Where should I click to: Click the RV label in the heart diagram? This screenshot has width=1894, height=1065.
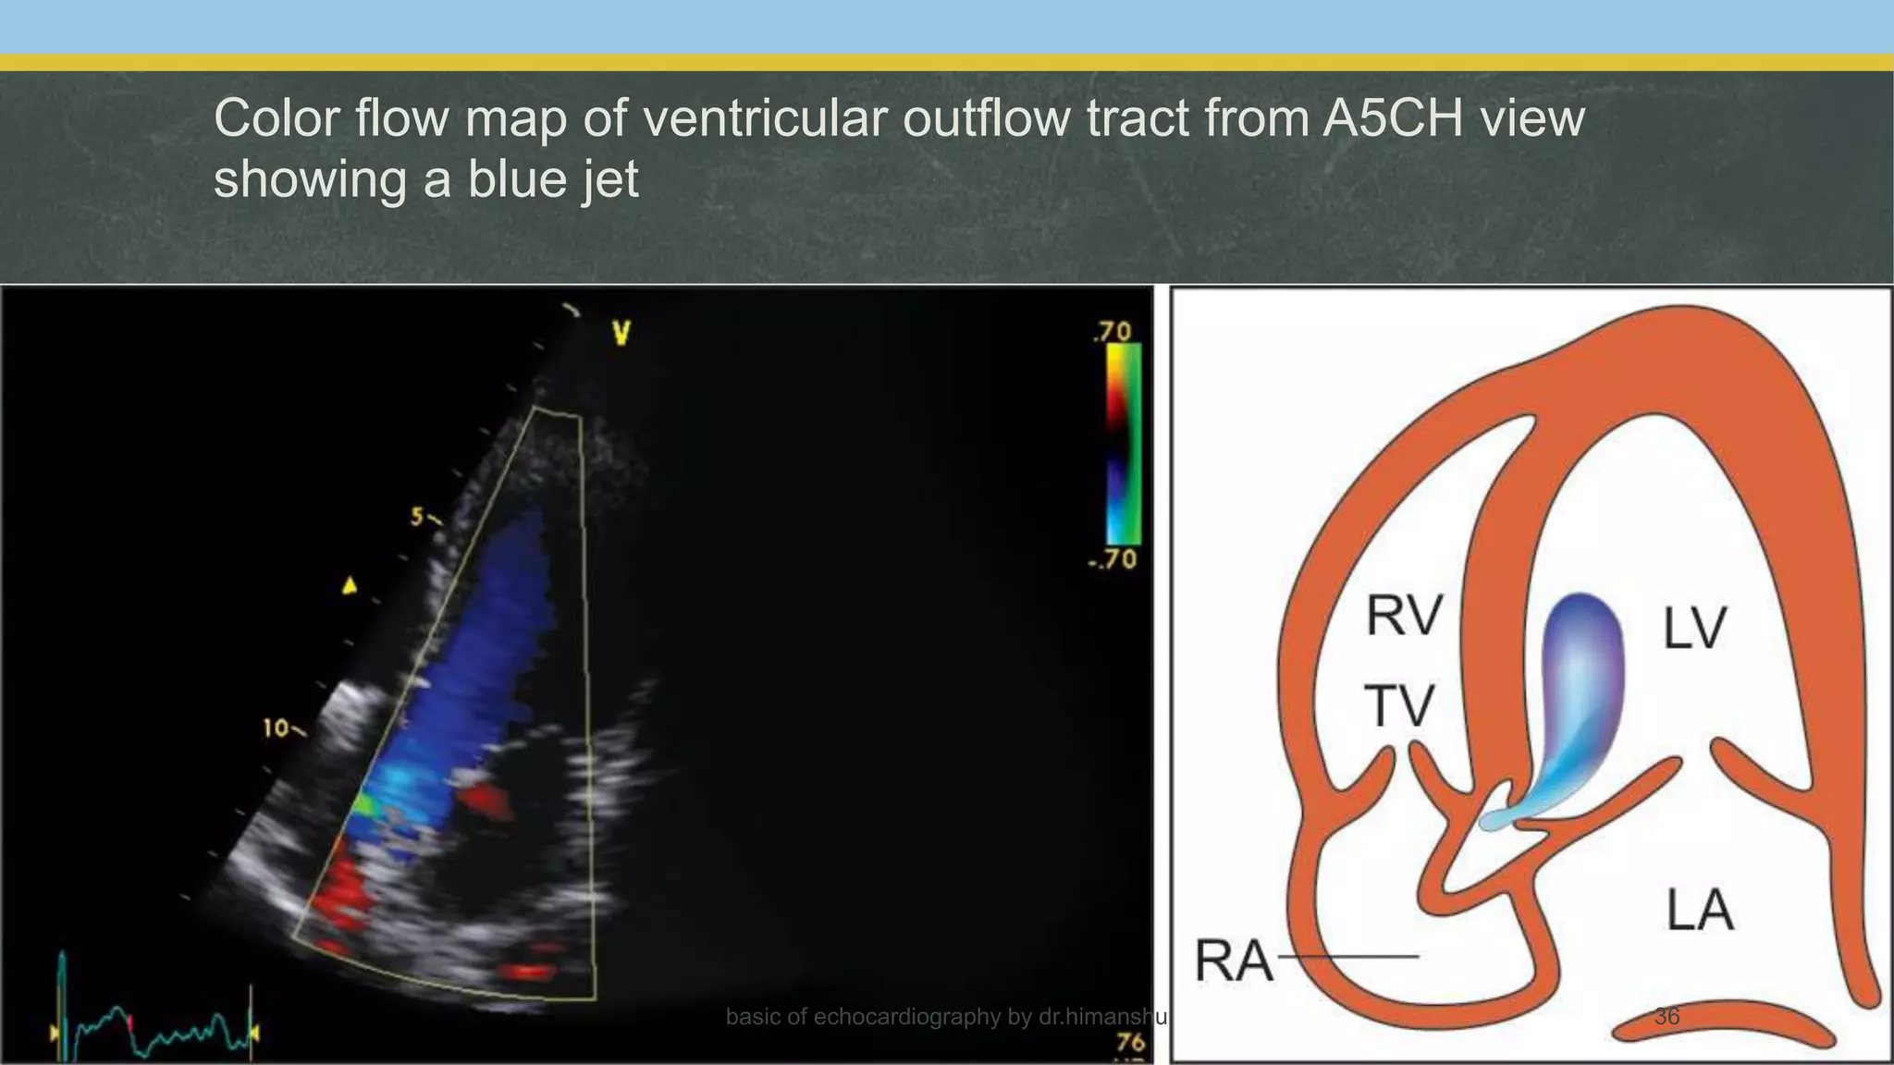pyautogui.click(x=1404, y=617)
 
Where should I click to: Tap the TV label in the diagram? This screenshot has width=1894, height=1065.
pyautogui.click(x=1399, y=706)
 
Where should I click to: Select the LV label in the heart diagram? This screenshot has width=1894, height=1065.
pyautogui.click(x=1694, y=629)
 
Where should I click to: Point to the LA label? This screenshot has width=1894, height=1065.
pyautogui.click(x=1700, y=910)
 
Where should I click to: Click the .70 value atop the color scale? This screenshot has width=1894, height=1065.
pyautogui.click(x=1113, y=332)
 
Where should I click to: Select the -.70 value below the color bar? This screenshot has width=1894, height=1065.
pyautogui.click(x=1113, y=559)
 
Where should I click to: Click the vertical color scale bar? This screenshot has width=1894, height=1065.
pyautogui.click(x=1124, y=444)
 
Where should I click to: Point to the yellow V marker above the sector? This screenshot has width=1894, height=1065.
pyautogui.click(x=621, y=334)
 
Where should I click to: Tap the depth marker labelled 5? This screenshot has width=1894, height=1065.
pyautogui.click(x=418, y=517)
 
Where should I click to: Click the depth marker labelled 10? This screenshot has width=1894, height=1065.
pyautogui.click(x=277, y=728)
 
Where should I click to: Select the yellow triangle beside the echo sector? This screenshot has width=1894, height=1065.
pyautogui.click(x=350, y=585)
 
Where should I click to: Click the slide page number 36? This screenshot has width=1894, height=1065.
pyautogui.click(x=1666, y=1017)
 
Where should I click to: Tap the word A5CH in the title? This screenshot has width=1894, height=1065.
pyautogui.click(x=1392, y=118)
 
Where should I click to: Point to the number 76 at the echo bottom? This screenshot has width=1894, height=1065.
pyautogui.click(x=1130, y=1043)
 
